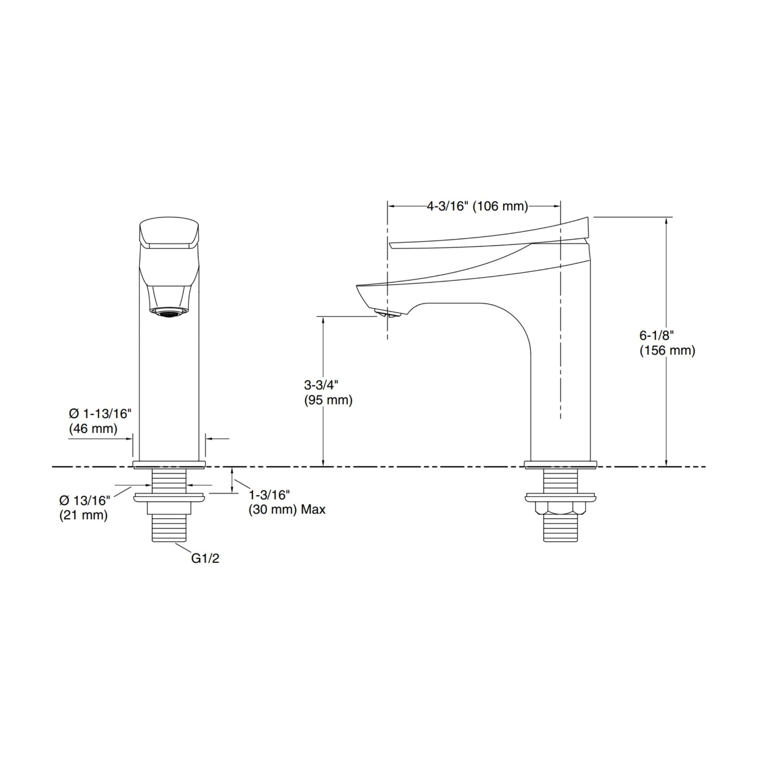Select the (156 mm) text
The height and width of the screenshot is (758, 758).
click(667, 350)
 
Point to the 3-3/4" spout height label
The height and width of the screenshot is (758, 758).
click(322, 385)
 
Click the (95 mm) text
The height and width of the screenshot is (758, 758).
click(328, 400)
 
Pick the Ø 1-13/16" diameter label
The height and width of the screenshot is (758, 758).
click(100, 413)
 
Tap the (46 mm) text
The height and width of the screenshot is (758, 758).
click(93, 429)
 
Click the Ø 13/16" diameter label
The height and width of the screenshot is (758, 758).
click(85, 500)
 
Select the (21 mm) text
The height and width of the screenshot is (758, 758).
click(83, 515)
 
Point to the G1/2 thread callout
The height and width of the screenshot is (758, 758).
click(205, 559)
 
